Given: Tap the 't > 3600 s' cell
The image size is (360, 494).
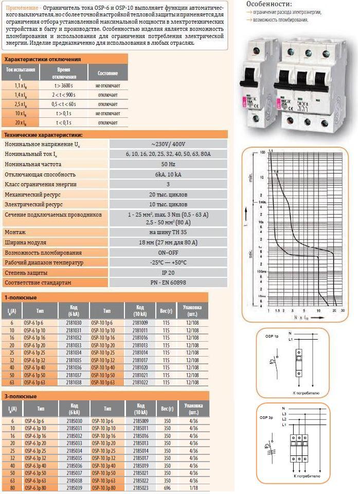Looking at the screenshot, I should coord(65,85).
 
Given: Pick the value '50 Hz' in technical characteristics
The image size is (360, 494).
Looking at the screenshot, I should coord(168,164).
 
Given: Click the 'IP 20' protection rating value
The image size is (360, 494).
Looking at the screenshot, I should coord(168,273).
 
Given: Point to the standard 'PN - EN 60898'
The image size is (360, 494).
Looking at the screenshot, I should coord(168,283).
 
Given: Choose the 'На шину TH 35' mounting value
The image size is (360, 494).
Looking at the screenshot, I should coord(168,232).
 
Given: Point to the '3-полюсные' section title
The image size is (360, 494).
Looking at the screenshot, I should coord(21,397).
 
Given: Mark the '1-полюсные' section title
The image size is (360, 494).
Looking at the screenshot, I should coord(21,297).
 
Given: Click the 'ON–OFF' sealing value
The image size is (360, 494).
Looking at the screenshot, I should coord(168,253).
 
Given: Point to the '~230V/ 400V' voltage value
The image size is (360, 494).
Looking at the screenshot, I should coord(168,144).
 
